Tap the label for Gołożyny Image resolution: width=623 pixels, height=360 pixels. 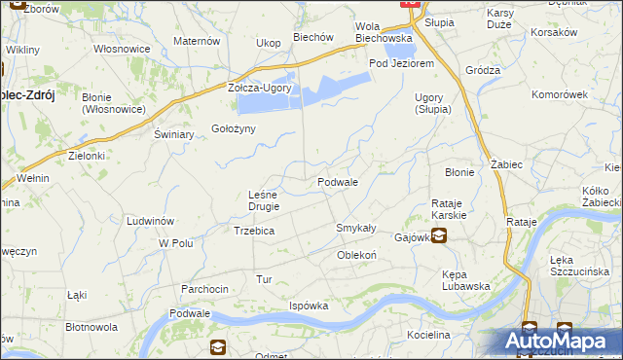234,130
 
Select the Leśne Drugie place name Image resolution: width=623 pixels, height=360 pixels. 264,200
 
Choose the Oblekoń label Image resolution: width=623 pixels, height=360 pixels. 356,255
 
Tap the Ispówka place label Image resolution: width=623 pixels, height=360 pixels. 308,306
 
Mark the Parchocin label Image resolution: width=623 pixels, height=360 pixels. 204,289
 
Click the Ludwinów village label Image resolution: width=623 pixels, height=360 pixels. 150,221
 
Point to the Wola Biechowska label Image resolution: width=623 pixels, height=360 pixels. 384,32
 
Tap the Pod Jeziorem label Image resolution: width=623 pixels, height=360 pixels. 400,63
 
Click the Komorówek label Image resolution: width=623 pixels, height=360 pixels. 560,94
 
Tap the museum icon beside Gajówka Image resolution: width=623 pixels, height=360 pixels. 439,235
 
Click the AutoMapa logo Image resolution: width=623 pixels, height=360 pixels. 560,342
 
